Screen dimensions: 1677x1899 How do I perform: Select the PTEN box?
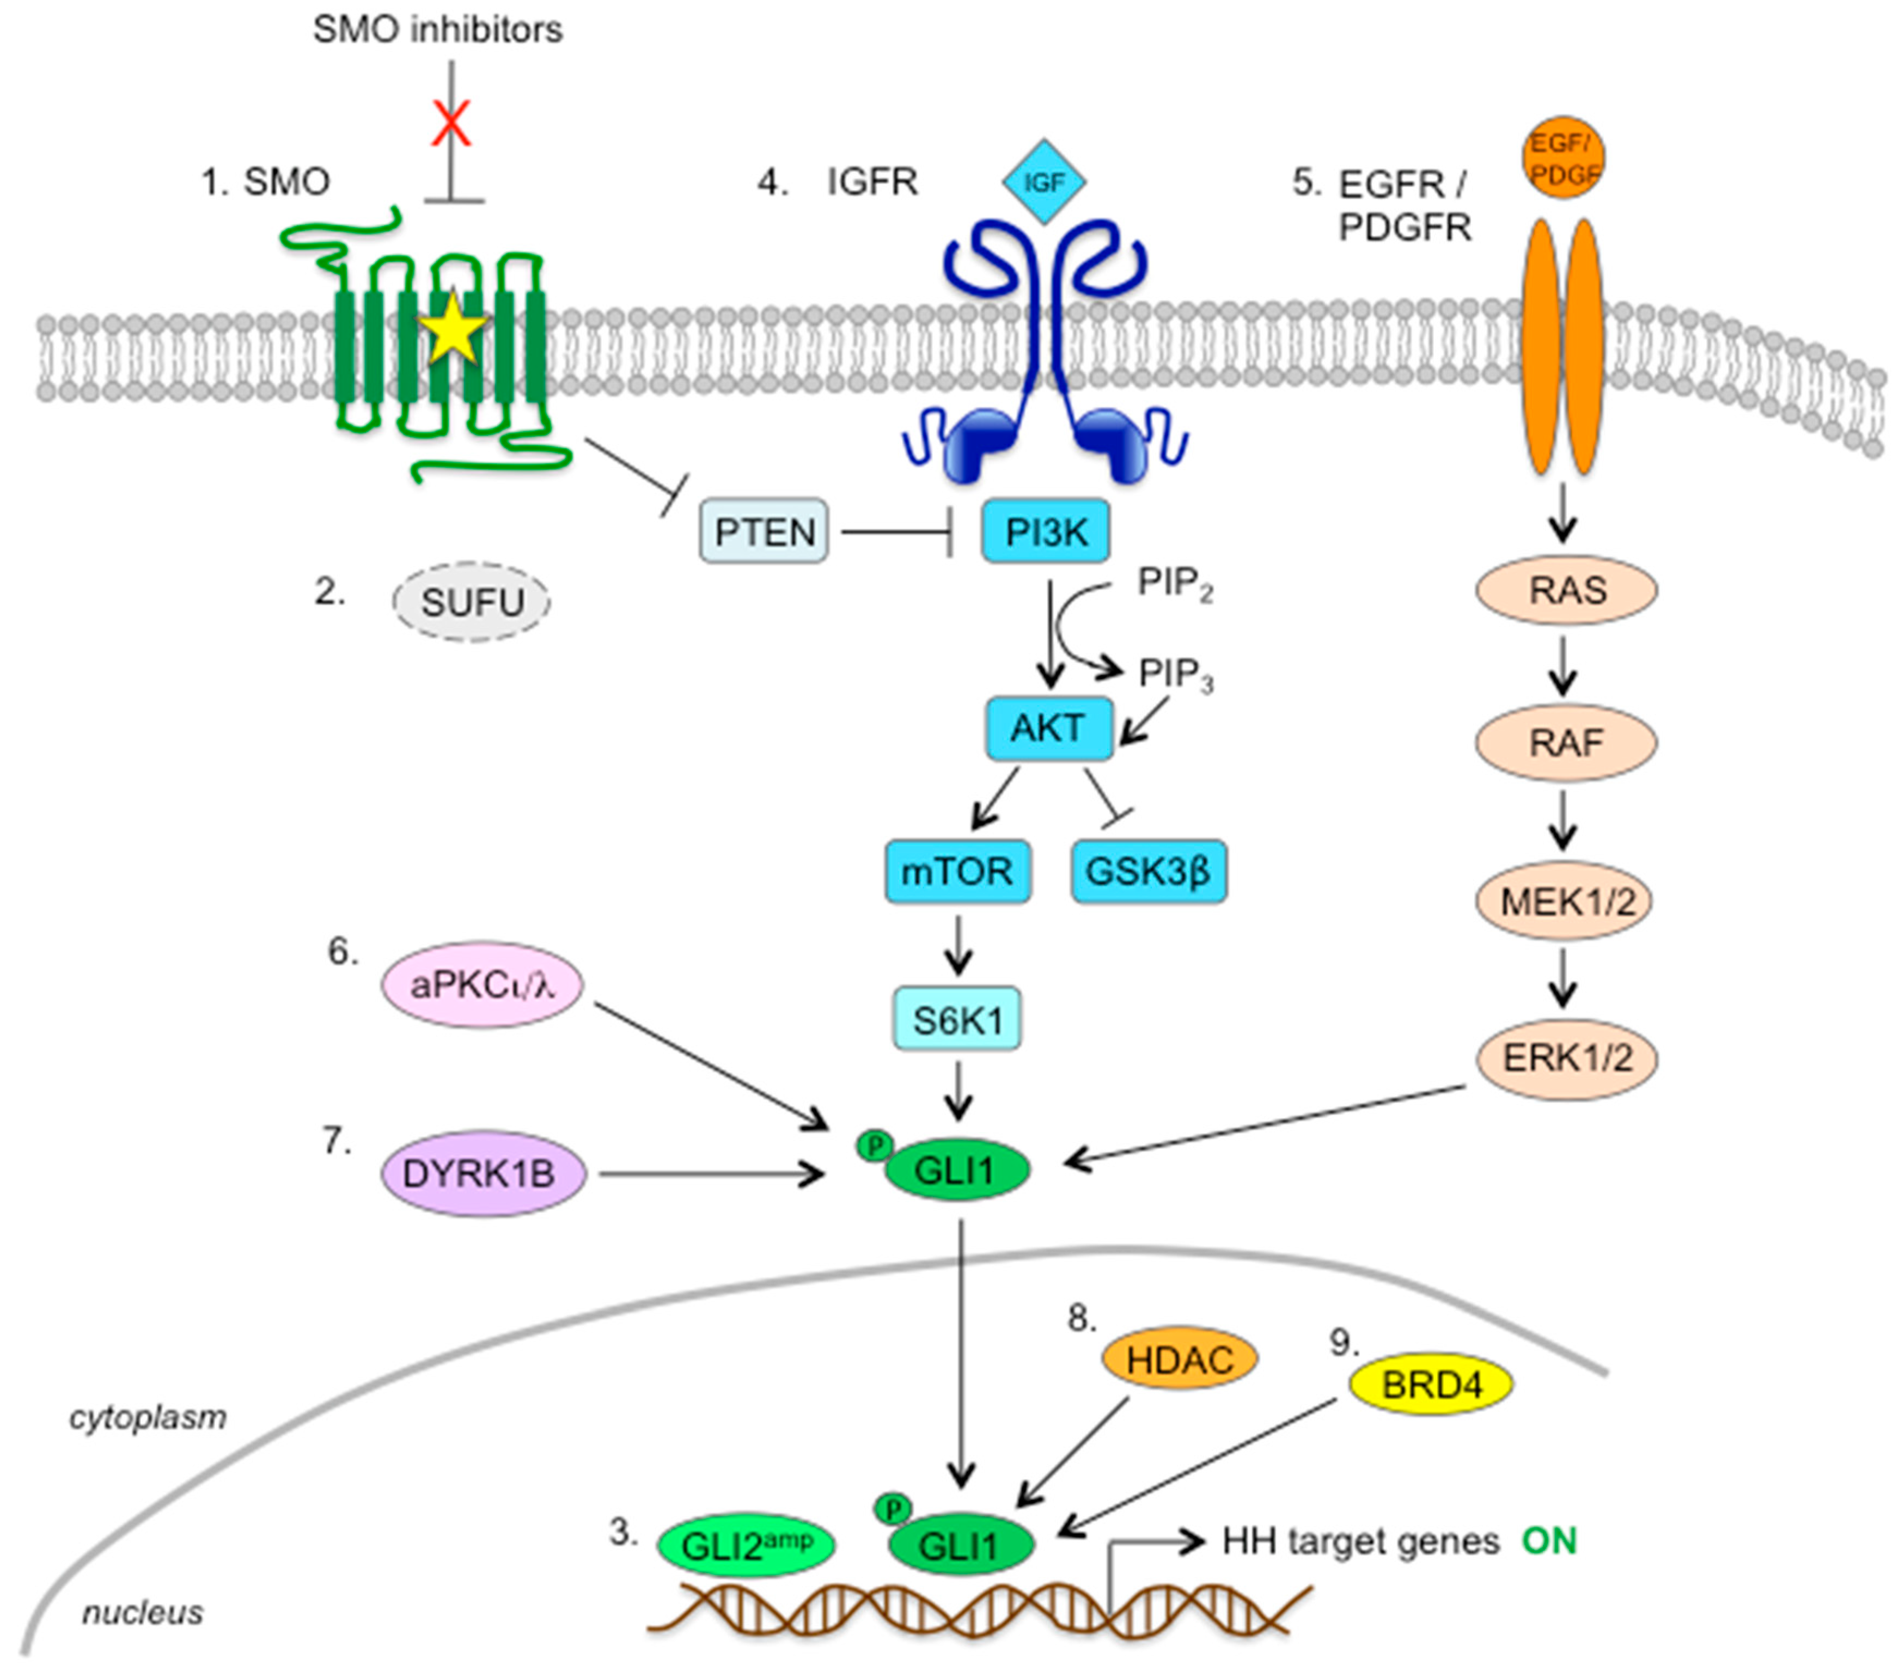point(764,531)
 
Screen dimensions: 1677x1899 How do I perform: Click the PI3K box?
point(1045,531)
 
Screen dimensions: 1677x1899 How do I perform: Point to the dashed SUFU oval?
point(471,602)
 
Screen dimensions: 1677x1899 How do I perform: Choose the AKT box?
point(1048,727)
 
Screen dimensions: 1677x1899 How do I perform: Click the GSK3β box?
point(1149,872)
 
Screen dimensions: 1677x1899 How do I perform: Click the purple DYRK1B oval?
point(483,1173)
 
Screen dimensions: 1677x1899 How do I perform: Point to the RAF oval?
point(1566,742)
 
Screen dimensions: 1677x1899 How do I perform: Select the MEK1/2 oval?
point(1566,900)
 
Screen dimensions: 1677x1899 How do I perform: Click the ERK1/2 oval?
point(1566,1057)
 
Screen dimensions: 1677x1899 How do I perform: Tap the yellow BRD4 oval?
point(1431,1384)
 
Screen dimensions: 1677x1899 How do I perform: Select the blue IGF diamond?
point(1043,182)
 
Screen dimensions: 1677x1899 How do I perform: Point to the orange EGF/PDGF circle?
point(1564,158)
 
